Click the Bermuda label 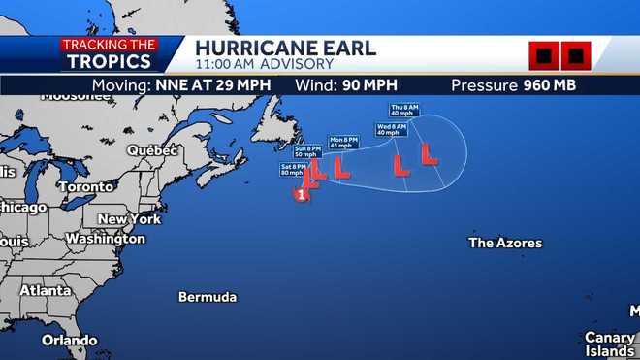208,297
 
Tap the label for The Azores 505,243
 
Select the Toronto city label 85,186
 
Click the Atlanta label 46,290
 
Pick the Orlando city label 69,341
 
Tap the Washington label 105,239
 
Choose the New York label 129,219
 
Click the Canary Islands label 609,344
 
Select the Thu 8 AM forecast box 404,108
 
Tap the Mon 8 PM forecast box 343,142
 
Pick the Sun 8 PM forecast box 306,151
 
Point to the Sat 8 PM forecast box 294,170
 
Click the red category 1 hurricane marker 302,195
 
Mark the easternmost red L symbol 428,153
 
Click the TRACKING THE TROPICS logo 109,53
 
